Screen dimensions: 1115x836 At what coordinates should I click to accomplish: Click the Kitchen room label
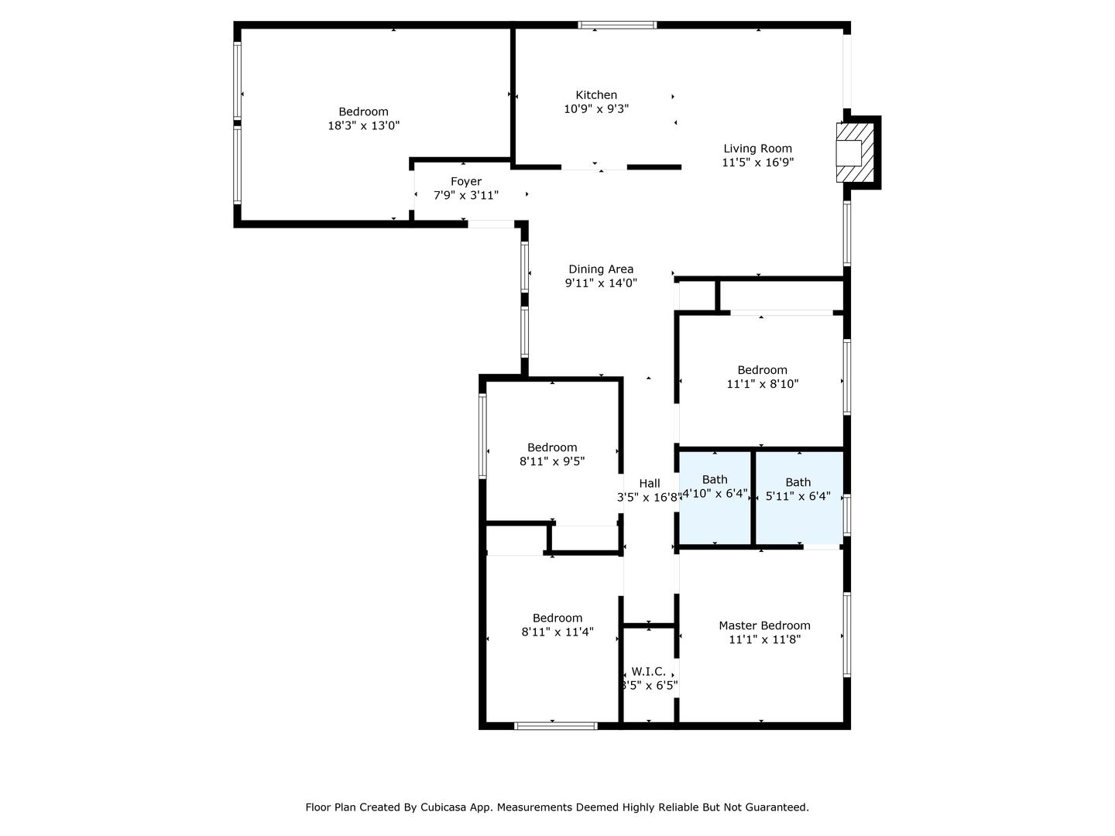[x=596, y=95]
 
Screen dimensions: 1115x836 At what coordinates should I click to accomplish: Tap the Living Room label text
[x=757, y=149]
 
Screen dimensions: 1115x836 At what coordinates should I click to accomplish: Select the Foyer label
[x=466, y=182]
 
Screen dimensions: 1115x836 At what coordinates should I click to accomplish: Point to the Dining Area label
[x=600, y=269]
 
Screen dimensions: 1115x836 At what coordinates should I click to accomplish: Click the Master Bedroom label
[x=764, y=626]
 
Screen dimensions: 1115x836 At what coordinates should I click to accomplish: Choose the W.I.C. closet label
[x=648, y=672]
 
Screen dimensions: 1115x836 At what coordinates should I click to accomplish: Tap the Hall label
[x=649, y=484]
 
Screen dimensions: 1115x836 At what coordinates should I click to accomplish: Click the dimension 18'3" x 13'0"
[x=363, y=125]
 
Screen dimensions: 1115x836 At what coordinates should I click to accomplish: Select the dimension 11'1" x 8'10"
[x=762, y=384]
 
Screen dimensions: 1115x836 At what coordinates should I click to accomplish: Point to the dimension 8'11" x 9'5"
[x=551, y=461]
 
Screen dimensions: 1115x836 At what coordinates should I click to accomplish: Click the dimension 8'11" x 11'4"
[x=557, y=632]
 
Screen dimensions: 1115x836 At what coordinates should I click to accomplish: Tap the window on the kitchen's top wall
[x=617, y=25]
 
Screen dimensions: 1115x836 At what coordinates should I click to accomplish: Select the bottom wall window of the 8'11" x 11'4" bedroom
[x=556, y=726]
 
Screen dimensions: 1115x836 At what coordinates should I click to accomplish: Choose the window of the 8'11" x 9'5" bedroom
[x=482, y=436]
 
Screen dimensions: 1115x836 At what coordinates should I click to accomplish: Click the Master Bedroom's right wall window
[x=847, y=635]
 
